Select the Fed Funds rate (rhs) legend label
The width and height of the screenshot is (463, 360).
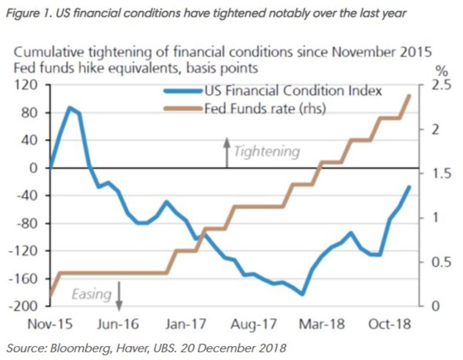pyautogui.click(x=266, y=108)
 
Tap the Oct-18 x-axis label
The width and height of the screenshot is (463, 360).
pyautogui.click(x=388, y=324)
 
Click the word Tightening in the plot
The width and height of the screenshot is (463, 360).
pyautogui.click(x=267, y=152)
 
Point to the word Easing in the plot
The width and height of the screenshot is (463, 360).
pyautogui.click(x=91, y=294)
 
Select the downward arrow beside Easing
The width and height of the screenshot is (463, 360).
pyautogui.click(x=119, y=295)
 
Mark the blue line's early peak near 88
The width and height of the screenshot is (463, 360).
pyautogui.click(x=69, y=107)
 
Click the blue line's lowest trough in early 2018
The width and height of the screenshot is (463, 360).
pyautogui.click(x=302, y=294)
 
